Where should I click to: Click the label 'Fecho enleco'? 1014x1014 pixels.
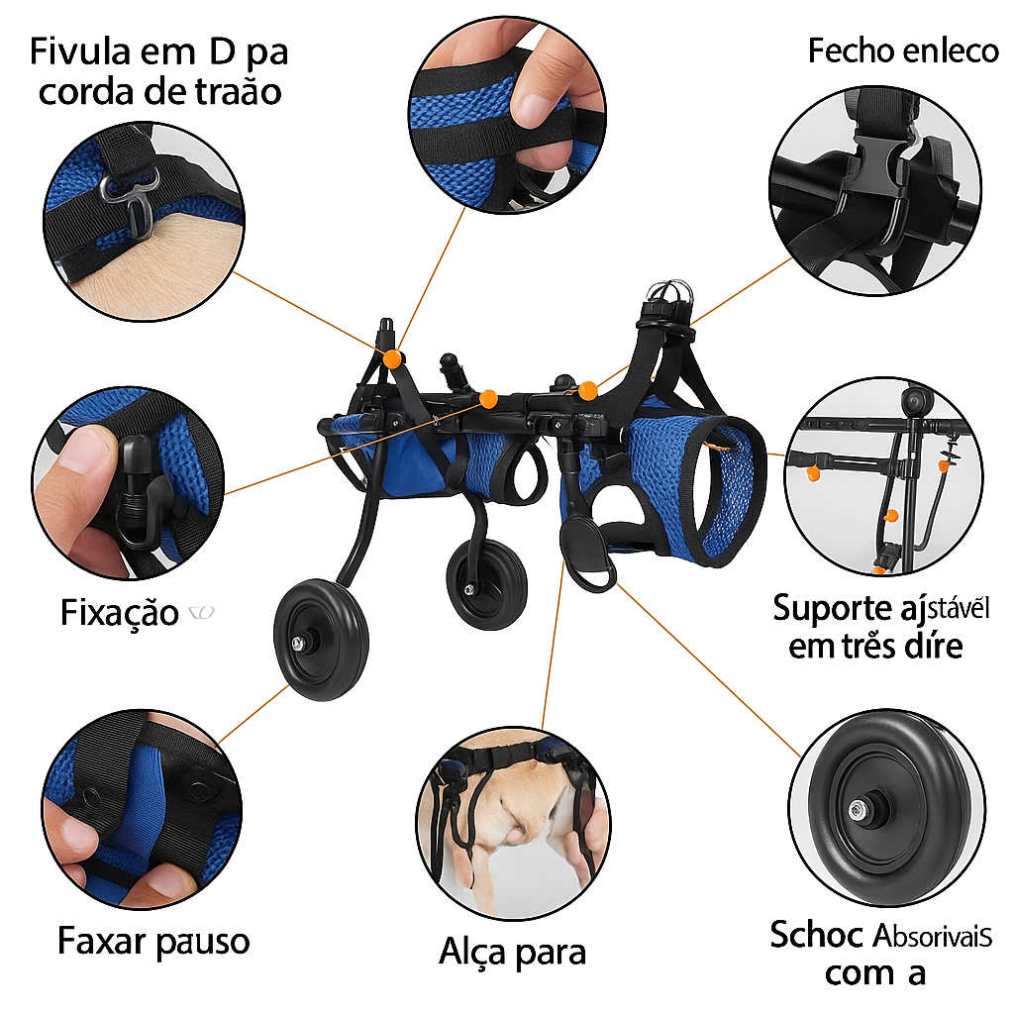(x=903, y=51)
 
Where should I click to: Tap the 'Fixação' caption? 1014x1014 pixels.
(x=119, y=613)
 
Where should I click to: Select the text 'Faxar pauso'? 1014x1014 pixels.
(x=153, y=940)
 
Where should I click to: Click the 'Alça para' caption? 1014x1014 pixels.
(x=512, y=952)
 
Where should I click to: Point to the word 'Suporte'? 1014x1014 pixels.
(x=831, y=607)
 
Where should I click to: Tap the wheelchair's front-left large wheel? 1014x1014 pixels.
(x=321, y=642)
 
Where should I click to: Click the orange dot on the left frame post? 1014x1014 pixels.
(x=393, y=358)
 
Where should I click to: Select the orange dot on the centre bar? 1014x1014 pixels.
(x=487, y=399)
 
